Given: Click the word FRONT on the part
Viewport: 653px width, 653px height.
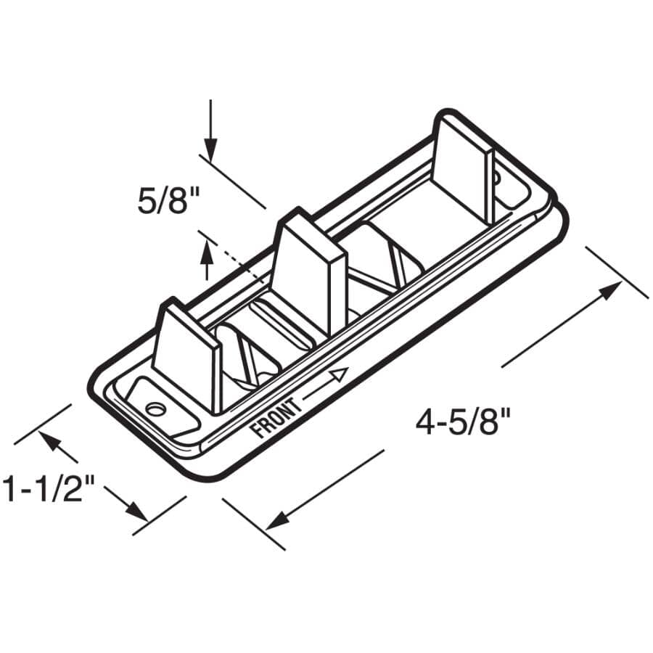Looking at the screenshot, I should pos(275,419).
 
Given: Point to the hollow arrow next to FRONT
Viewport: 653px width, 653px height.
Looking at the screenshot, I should pos(338,375).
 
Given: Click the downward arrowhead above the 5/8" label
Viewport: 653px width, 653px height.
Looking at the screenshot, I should pos(210,152).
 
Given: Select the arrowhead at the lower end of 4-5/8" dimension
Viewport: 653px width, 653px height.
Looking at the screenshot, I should pos(276,520).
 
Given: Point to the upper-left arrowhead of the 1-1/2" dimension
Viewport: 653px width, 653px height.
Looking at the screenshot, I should pos(50,440).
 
